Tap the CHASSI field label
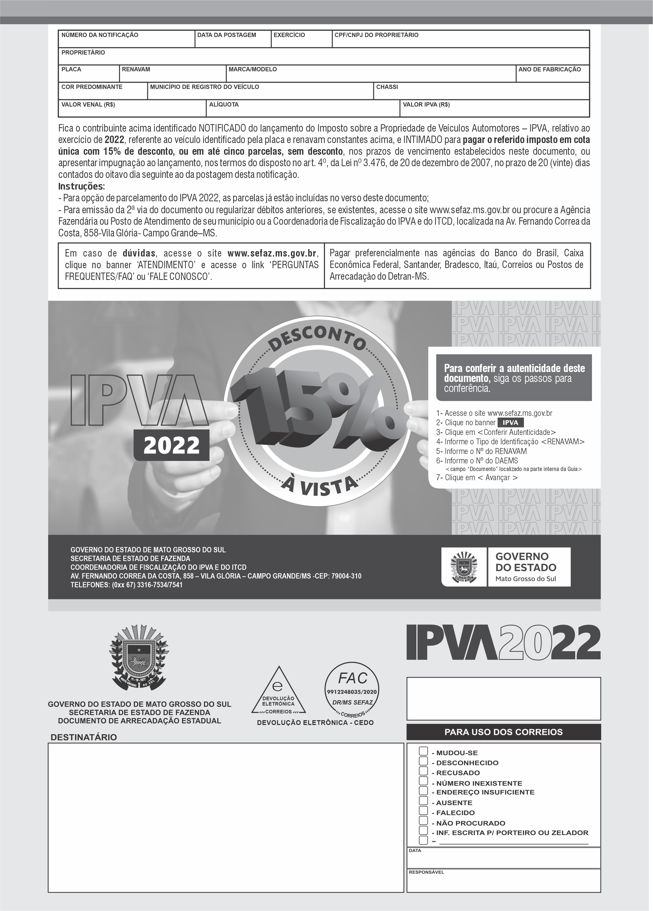pos(387,87)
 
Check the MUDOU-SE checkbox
pos(423,751)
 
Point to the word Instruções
pos(81,186)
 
